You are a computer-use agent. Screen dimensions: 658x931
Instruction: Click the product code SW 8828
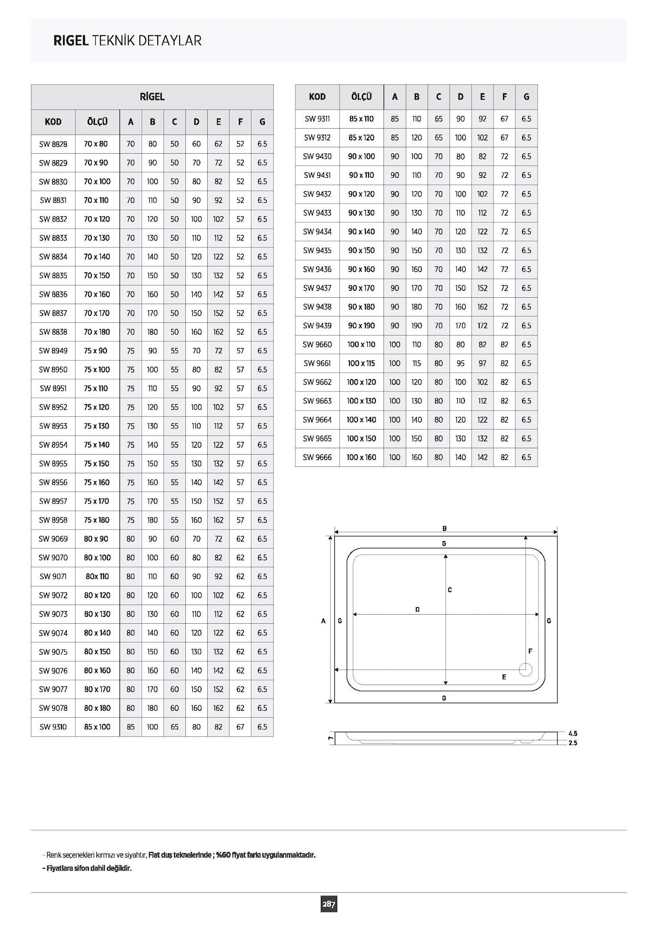click(53, 144)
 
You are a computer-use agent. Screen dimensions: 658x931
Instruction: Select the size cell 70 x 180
click(97, 332)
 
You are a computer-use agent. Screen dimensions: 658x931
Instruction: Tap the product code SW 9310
click(53, 727)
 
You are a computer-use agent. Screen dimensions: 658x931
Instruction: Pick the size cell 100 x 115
click(361, 363)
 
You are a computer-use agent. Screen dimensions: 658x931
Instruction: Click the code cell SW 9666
click(317, 457)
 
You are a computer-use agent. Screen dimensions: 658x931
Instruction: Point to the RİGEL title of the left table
click(152, 97)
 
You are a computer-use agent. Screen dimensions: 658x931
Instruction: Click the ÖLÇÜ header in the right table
click(361, 97)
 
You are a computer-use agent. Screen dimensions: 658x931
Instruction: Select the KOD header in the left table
click(53, 122)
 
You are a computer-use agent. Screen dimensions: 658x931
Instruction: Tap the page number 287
click(329, 904)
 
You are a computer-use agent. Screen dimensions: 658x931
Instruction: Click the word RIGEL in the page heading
click(70, 41)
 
